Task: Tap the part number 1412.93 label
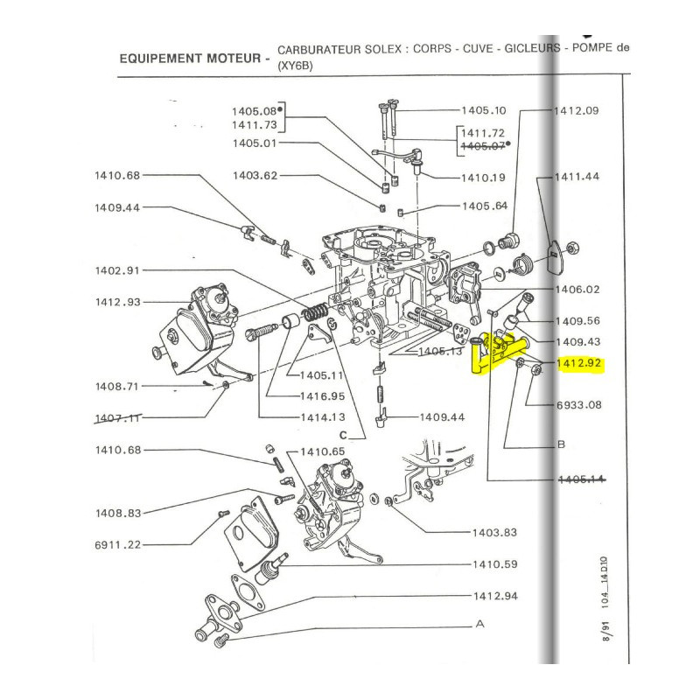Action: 117,303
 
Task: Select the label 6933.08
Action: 579,404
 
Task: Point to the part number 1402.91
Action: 117,271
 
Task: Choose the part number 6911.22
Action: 117,544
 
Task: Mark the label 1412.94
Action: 496,597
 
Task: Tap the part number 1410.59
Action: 496,564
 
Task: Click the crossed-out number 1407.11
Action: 117,417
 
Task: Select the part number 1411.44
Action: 577,177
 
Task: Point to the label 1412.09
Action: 577,112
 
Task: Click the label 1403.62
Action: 255,176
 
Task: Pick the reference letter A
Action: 479,625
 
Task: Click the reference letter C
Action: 344,435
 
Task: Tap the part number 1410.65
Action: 323,451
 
